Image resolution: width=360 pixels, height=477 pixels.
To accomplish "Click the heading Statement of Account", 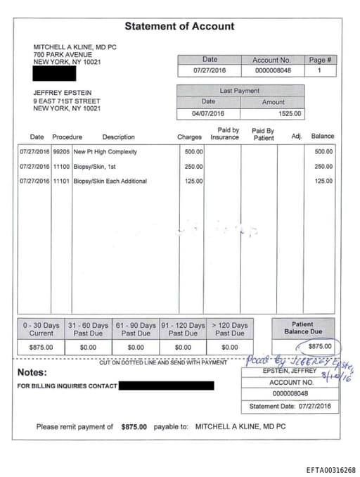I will click(179, 26).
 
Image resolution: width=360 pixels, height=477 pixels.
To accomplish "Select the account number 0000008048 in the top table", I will click(271, 71).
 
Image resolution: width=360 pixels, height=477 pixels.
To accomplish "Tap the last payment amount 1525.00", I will click(289, 113).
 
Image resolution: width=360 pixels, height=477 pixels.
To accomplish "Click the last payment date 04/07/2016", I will click(208, 113).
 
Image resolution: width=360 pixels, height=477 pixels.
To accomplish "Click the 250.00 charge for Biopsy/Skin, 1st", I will click(193, 167).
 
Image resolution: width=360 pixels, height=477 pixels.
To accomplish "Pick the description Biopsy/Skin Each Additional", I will click(110, 182).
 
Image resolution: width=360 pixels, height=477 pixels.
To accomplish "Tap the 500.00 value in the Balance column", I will click(323, 151).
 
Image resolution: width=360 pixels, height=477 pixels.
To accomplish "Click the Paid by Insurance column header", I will click(225, 134).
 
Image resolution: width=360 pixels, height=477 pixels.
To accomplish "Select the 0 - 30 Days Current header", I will click(41, 329).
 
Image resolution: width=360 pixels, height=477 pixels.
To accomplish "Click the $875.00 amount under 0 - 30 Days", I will click(41, 347).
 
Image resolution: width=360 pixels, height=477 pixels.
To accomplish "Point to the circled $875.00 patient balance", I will click(320, 346).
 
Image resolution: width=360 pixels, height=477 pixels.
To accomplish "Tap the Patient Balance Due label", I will click(303, 328).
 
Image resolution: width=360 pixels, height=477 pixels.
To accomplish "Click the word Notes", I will click(32, 372).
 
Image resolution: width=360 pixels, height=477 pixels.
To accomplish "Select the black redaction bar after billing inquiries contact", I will click(166, 386).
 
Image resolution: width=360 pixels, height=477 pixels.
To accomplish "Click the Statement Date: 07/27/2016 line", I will click(290, 407).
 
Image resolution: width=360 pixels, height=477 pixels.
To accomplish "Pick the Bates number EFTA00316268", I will click(330, 470).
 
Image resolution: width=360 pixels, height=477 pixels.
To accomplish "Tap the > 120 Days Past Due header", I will click(230, 329).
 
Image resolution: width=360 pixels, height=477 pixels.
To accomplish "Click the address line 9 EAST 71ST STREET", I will click(67, 101).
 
